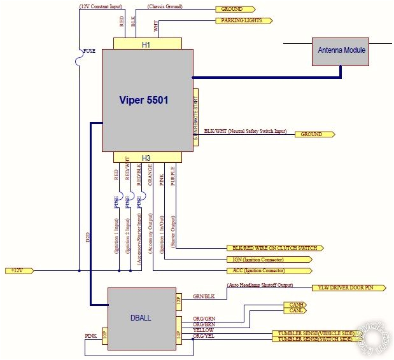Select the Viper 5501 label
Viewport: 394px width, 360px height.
click(x=144, y=100)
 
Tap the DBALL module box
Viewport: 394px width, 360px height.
click(x=141, y=319)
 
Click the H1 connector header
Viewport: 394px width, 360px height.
click(x=146, y=45)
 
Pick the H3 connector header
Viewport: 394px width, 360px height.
click(x=146, y=158)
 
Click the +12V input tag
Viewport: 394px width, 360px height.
click(x=18, y=270)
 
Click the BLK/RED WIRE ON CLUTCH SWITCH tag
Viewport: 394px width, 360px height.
click(x=274, y=248)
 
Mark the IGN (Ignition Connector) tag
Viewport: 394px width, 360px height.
click(x=269, y=260)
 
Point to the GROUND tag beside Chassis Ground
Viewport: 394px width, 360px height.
click(x=235, y=10)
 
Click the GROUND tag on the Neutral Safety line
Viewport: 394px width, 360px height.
click(x=312, y=134)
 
